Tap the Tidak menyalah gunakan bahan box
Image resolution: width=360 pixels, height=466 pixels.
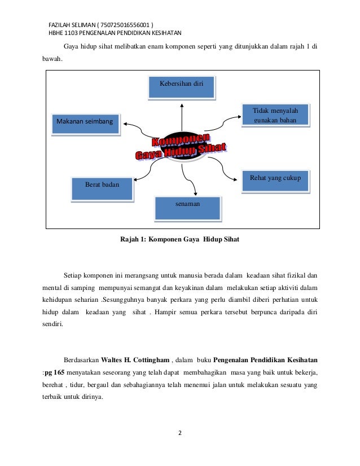tap(275, 114)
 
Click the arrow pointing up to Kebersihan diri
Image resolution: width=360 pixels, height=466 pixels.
tap(182, 116)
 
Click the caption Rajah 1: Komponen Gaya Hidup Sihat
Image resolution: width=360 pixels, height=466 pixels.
tap(179, 240)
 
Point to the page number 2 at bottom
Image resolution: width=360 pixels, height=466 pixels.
tap(180, 433)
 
